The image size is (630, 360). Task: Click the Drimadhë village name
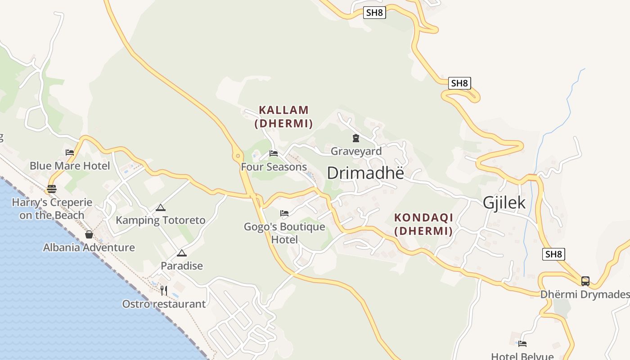click(365, 173)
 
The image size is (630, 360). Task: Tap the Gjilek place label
click(504, 202)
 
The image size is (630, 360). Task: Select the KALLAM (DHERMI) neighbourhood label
click(283, 117)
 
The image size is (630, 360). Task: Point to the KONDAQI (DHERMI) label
click(423, 224)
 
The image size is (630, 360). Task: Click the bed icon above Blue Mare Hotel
click(70, 153)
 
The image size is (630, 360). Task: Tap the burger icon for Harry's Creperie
click(52, 189)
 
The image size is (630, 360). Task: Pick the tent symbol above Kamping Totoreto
click(161, 208)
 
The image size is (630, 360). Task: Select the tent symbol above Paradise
click(182, 253)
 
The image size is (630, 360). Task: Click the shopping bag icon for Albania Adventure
click(89, 234)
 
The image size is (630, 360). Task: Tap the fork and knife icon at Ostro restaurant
click(164, 291)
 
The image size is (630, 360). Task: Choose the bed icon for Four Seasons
click(274, 153)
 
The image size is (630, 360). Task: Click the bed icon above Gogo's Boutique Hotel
click(284, 213)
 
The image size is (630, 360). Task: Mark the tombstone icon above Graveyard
click(356, 138)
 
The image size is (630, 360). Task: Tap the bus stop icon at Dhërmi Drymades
click(585, 281)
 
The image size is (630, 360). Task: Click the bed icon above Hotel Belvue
click(522, 344)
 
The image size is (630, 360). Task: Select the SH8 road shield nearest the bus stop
click(553, 254)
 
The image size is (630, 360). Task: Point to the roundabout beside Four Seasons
click(238, 156)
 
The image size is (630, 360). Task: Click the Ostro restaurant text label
click(164, 304)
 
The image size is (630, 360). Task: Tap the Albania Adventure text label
click(89, 247)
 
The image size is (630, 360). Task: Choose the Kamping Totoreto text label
click(161, 220)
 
